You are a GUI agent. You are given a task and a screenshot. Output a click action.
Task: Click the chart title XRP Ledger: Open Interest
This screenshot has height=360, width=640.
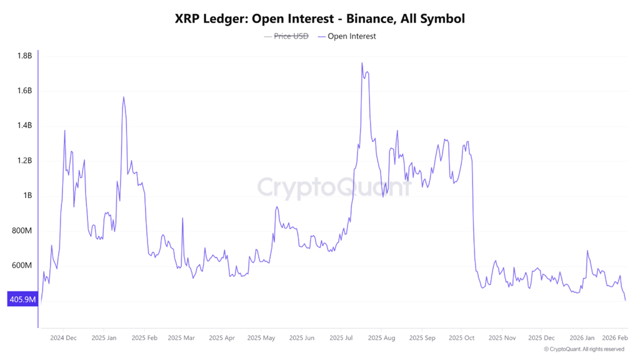319,19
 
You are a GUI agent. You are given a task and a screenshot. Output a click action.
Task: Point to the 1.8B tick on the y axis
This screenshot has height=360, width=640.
24,56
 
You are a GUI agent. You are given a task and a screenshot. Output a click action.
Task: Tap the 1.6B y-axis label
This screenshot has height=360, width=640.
24,91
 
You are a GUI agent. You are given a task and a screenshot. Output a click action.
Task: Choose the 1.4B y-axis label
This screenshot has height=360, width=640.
24,126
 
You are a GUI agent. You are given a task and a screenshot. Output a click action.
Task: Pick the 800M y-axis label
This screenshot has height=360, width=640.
22,231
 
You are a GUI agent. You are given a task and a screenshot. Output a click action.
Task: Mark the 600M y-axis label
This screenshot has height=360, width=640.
22,266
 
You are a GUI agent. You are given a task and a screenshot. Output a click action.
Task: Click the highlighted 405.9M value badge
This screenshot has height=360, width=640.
22,300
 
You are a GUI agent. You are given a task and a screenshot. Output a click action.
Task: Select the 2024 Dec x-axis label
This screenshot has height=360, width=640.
63,338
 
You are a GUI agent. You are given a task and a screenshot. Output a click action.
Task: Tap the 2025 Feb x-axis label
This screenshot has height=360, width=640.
144,338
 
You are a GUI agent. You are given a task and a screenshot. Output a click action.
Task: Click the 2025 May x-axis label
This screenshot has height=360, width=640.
261,338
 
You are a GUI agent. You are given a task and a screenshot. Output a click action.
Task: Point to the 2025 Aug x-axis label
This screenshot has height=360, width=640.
381,338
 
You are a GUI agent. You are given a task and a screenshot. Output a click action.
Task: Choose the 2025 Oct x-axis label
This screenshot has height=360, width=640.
461,338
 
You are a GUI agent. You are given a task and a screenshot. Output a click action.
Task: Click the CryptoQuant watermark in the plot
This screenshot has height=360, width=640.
335,187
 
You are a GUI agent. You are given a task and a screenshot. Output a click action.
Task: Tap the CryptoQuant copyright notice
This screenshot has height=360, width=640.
584,349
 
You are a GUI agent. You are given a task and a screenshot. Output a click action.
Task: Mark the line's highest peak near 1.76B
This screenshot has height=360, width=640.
362,63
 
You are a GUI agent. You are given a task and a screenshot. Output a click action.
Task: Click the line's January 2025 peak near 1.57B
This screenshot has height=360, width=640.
124,97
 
